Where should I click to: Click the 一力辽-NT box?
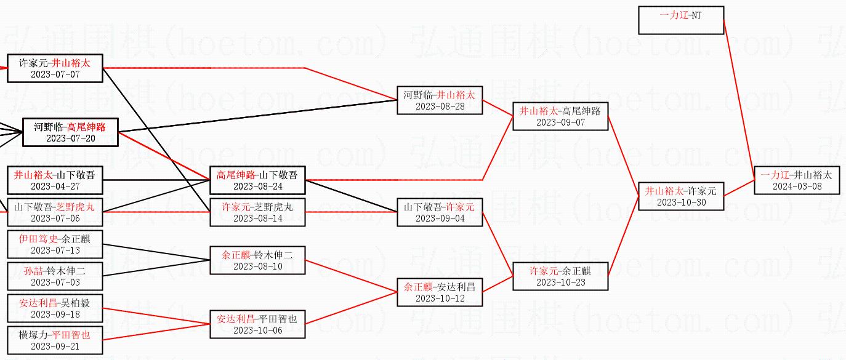click(681, 20)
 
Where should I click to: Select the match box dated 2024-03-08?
click(797, 180)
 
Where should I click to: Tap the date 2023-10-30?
click(680, 202)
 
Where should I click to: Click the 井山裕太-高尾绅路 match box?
click(560, 116)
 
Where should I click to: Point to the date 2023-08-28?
click(440, 106)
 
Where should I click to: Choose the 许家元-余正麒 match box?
click(560, 276)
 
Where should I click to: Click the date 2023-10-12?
click(440, 298)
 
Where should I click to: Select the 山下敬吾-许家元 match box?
click(440, 212)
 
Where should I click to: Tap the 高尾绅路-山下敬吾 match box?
click(257, 180)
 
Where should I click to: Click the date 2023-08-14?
click(257, 218)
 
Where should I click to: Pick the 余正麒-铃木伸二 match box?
click(257, 260)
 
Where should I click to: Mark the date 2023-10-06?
click(257, 330)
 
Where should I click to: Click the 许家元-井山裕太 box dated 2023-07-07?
click(55, 68)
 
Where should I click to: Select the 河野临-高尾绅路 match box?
click(70, 132)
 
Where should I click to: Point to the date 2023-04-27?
click(55, 186)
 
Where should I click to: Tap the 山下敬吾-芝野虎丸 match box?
click(55, 212)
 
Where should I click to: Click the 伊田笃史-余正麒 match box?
click(55, 244)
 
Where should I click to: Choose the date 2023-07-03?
click(55, 282)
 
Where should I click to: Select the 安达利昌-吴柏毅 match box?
click(55, 308)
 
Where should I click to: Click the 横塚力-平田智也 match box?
click(55, 340)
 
